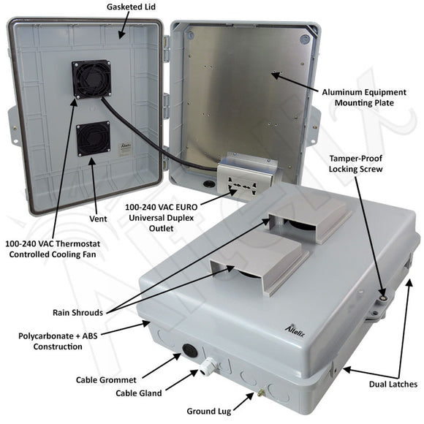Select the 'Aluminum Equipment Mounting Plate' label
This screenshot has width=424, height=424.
pos(365,97)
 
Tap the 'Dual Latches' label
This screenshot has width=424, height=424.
pos(393,383)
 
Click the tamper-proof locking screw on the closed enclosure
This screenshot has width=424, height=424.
pos(382,298)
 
